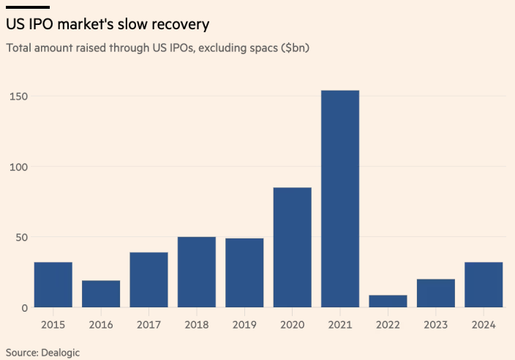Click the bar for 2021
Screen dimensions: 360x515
coord(340,199)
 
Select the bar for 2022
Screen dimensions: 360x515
coord(388,301)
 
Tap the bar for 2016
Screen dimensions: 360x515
coord(101,294)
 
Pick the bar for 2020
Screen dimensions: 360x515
coord(293,247)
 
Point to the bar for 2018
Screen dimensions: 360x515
coord(197,272)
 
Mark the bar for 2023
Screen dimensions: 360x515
coord(436,293)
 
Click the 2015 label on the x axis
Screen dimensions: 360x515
coord(53,323)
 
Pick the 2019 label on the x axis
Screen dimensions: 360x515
coord(244,323)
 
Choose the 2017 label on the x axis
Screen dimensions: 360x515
coord(149,323)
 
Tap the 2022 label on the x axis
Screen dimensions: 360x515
coord(388,323)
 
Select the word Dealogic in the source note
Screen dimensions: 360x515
coord(60,353)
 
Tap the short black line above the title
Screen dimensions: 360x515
coord(27,7)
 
